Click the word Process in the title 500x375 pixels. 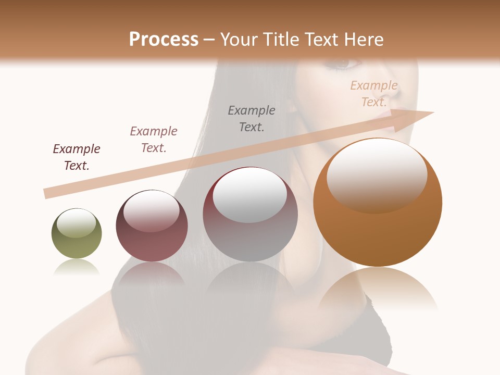(x=164, y=39)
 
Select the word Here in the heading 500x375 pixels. (x=362, y=39)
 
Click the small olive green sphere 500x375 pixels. (x=77, y=233)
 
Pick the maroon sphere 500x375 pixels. (x=152, y=226)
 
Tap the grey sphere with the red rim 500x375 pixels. (x=250, y=214)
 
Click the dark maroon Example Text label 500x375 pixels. (x=77, y=157)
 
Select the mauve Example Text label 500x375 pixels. (x=154, y=140)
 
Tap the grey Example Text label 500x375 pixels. (x=252, y=119)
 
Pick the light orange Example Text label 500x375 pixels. (x=374, y=94)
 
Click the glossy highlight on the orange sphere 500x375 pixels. (x=377, y=174)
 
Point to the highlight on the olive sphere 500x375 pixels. (x=77, y=223)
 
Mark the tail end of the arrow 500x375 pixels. (x=46, y=193)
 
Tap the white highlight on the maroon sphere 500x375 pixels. (x=152, y=210)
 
